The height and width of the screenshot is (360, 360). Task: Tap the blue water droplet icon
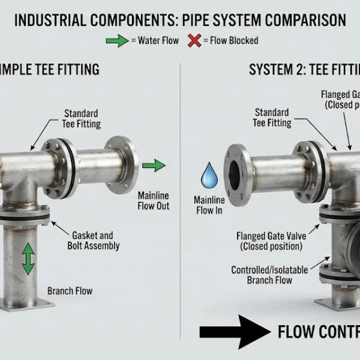click(x=209, y=175)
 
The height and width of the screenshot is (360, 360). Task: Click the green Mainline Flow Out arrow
click(x=155, y=166)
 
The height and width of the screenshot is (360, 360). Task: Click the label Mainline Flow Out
click(x=154, y=201)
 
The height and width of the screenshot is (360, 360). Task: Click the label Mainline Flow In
click(x=210, y=205)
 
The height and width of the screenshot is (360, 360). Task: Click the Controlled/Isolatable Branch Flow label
click(x=269, y=275)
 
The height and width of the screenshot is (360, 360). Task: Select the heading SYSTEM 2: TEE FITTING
click(x=304, y=70)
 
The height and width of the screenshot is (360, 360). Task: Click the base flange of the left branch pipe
click(x=27, y=304)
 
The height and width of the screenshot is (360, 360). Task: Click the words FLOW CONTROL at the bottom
click(x=318, y=332)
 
